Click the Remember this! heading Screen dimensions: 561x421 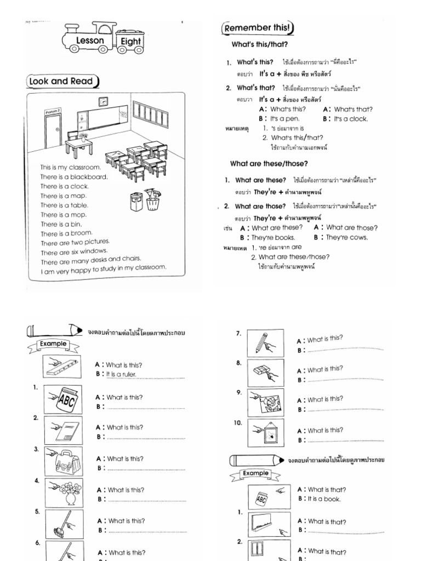click(257, 28)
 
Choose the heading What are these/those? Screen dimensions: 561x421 click(269, 163)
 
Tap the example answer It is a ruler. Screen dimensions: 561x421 click(122, 374)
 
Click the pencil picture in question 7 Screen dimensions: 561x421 click(265, 343)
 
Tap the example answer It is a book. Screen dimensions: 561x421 click(319, 499)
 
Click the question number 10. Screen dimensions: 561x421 click(239, 423)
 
